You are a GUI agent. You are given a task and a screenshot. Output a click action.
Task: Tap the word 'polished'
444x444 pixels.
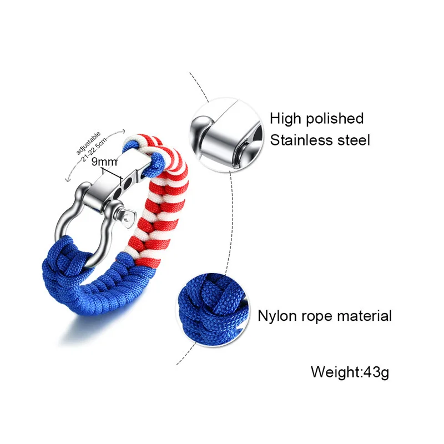tap(336, 119)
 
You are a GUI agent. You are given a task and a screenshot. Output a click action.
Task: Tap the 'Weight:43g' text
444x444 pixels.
tap(350, 371)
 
